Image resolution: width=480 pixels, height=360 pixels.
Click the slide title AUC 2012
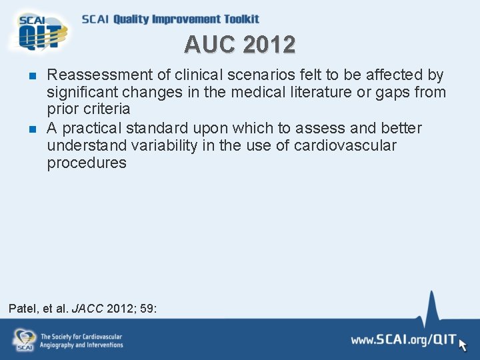pos(240,45)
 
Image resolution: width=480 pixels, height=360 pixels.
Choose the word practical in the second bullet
pos(94,128)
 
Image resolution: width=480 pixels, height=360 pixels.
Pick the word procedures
pos(87,163)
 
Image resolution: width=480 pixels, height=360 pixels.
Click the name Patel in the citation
pos(23,309)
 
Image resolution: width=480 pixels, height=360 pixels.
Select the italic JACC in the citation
pos(87,309)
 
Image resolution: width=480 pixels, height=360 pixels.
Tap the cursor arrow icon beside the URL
pos(464,344)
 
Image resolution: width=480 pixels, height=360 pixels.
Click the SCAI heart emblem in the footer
pos(24,339)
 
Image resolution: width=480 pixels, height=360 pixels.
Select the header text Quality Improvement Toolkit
pos(186,19)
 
